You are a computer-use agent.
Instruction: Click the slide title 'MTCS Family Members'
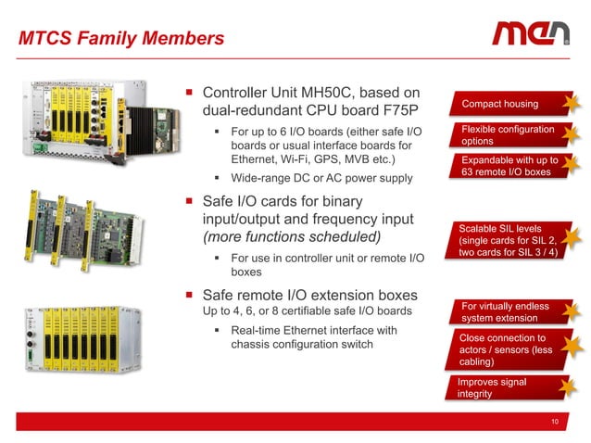tap(122, 39)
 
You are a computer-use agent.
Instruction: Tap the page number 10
tap(554, 423)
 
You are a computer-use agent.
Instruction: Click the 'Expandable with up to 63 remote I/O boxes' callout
tap(508, 167)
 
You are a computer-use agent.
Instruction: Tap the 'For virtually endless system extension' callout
tap(503, 312)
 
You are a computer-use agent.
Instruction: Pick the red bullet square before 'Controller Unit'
tap(189, 93)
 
